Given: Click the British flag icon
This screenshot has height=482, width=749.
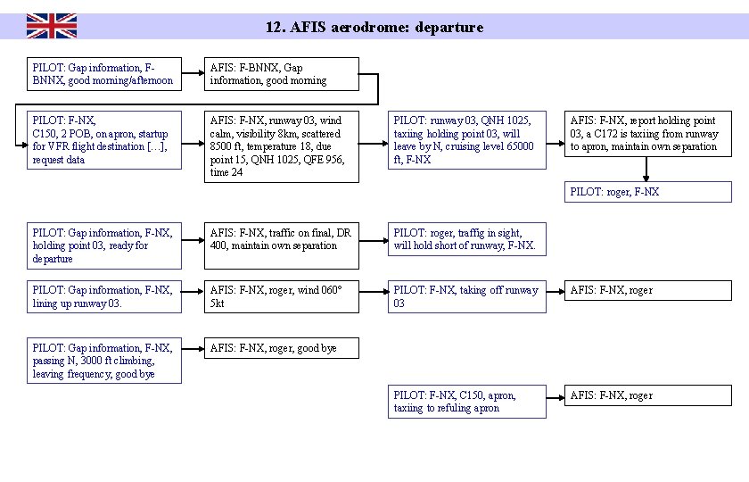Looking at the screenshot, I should tap(51, 26).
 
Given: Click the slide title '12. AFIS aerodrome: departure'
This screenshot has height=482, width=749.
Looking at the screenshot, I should tap(374, 27).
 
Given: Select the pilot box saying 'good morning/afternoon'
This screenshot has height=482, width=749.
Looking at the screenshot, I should tap(103, 74).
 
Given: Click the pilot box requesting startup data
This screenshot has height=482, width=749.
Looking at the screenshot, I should tap(103, 139).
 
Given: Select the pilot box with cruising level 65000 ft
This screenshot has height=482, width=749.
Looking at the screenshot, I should tap(465, 139).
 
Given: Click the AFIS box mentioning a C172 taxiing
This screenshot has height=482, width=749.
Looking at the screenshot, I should tap(647, 133).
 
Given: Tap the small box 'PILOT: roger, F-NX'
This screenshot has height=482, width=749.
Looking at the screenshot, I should tap(647, 192).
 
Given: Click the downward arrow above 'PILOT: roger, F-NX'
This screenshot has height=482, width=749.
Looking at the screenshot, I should tap(646, 170).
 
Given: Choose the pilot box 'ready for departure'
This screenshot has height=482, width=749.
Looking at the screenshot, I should tap(103, 245).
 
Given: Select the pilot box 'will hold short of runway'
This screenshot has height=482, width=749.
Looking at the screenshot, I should tap(465, 239).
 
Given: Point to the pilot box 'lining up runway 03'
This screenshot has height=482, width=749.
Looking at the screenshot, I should tap(103, 296).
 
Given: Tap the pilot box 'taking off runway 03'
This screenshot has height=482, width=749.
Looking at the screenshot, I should tap(465, 296).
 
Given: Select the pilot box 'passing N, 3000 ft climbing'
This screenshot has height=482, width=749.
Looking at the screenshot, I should tap(103, 361).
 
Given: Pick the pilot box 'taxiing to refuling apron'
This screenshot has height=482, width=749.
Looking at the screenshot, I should tap(465, 402).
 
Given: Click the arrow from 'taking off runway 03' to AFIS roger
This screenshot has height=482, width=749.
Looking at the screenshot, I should tap(553, 290).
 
